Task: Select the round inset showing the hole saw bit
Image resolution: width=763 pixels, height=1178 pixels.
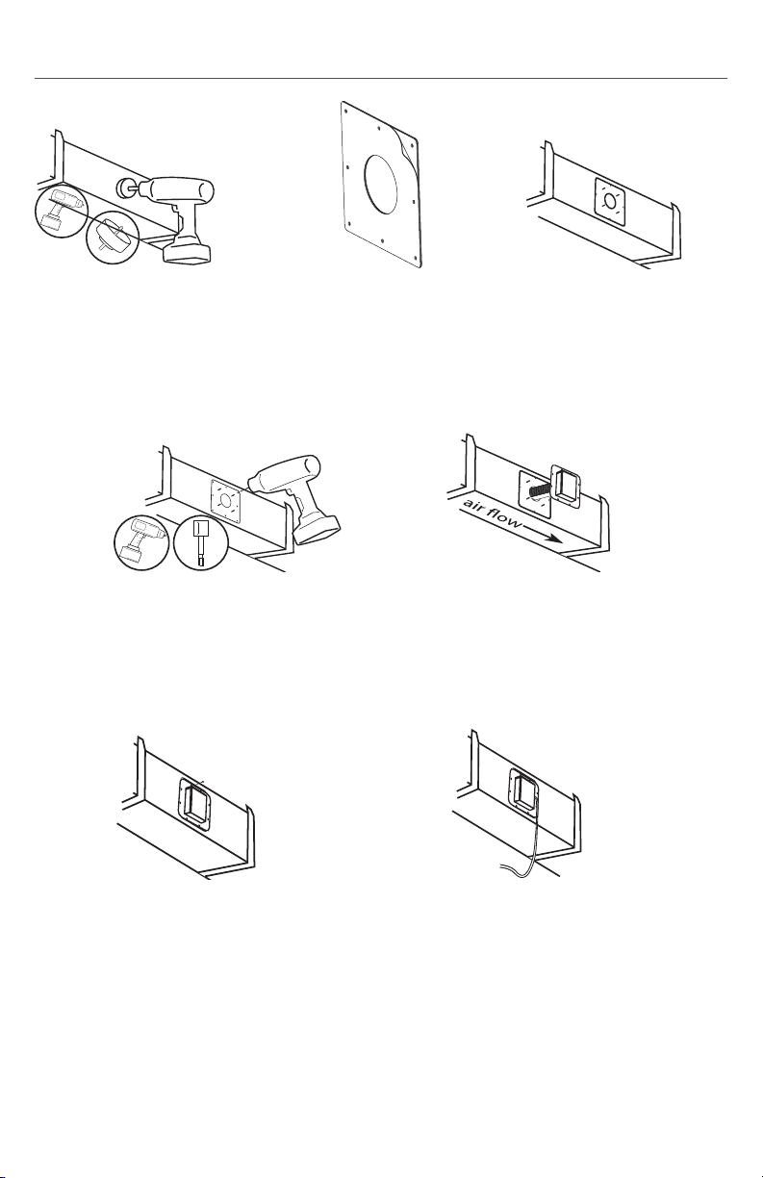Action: pyautogui.click(x=113, y=238)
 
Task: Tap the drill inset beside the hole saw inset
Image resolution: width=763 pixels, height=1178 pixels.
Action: pyautogui.click(x=62, y=211)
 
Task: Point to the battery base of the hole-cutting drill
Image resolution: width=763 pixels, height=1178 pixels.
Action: pyautogui.click(x=189, y=251)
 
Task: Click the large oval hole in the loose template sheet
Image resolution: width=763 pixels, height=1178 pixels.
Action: pyautogui.click(x=381, y=184)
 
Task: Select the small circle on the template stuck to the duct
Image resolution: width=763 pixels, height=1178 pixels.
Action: pyautogui.click(x=610, y=201)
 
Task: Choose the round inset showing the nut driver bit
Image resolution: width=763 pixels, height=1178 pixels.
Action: pyautogui.click(x=201, y=542)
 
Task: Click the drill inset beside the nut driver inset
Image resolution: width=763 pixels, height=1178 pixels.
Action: pyautogui.click(x=141, y=542)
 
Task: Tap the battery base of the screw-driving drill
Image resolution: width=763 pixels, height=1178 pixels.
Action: pyautogui.click(x=317, y=530)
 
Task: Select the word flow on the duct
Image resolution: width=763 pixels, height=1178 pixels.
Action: pyautogui.click(x=504, y=520)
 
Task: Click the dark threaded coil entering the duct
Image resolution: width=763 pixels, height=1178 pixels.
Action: pyautogui.click(x=542, y=492)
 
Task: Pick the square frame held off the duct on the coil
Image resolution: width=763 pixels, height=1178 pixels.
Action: pyautogui.click(x=565, y=487)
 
